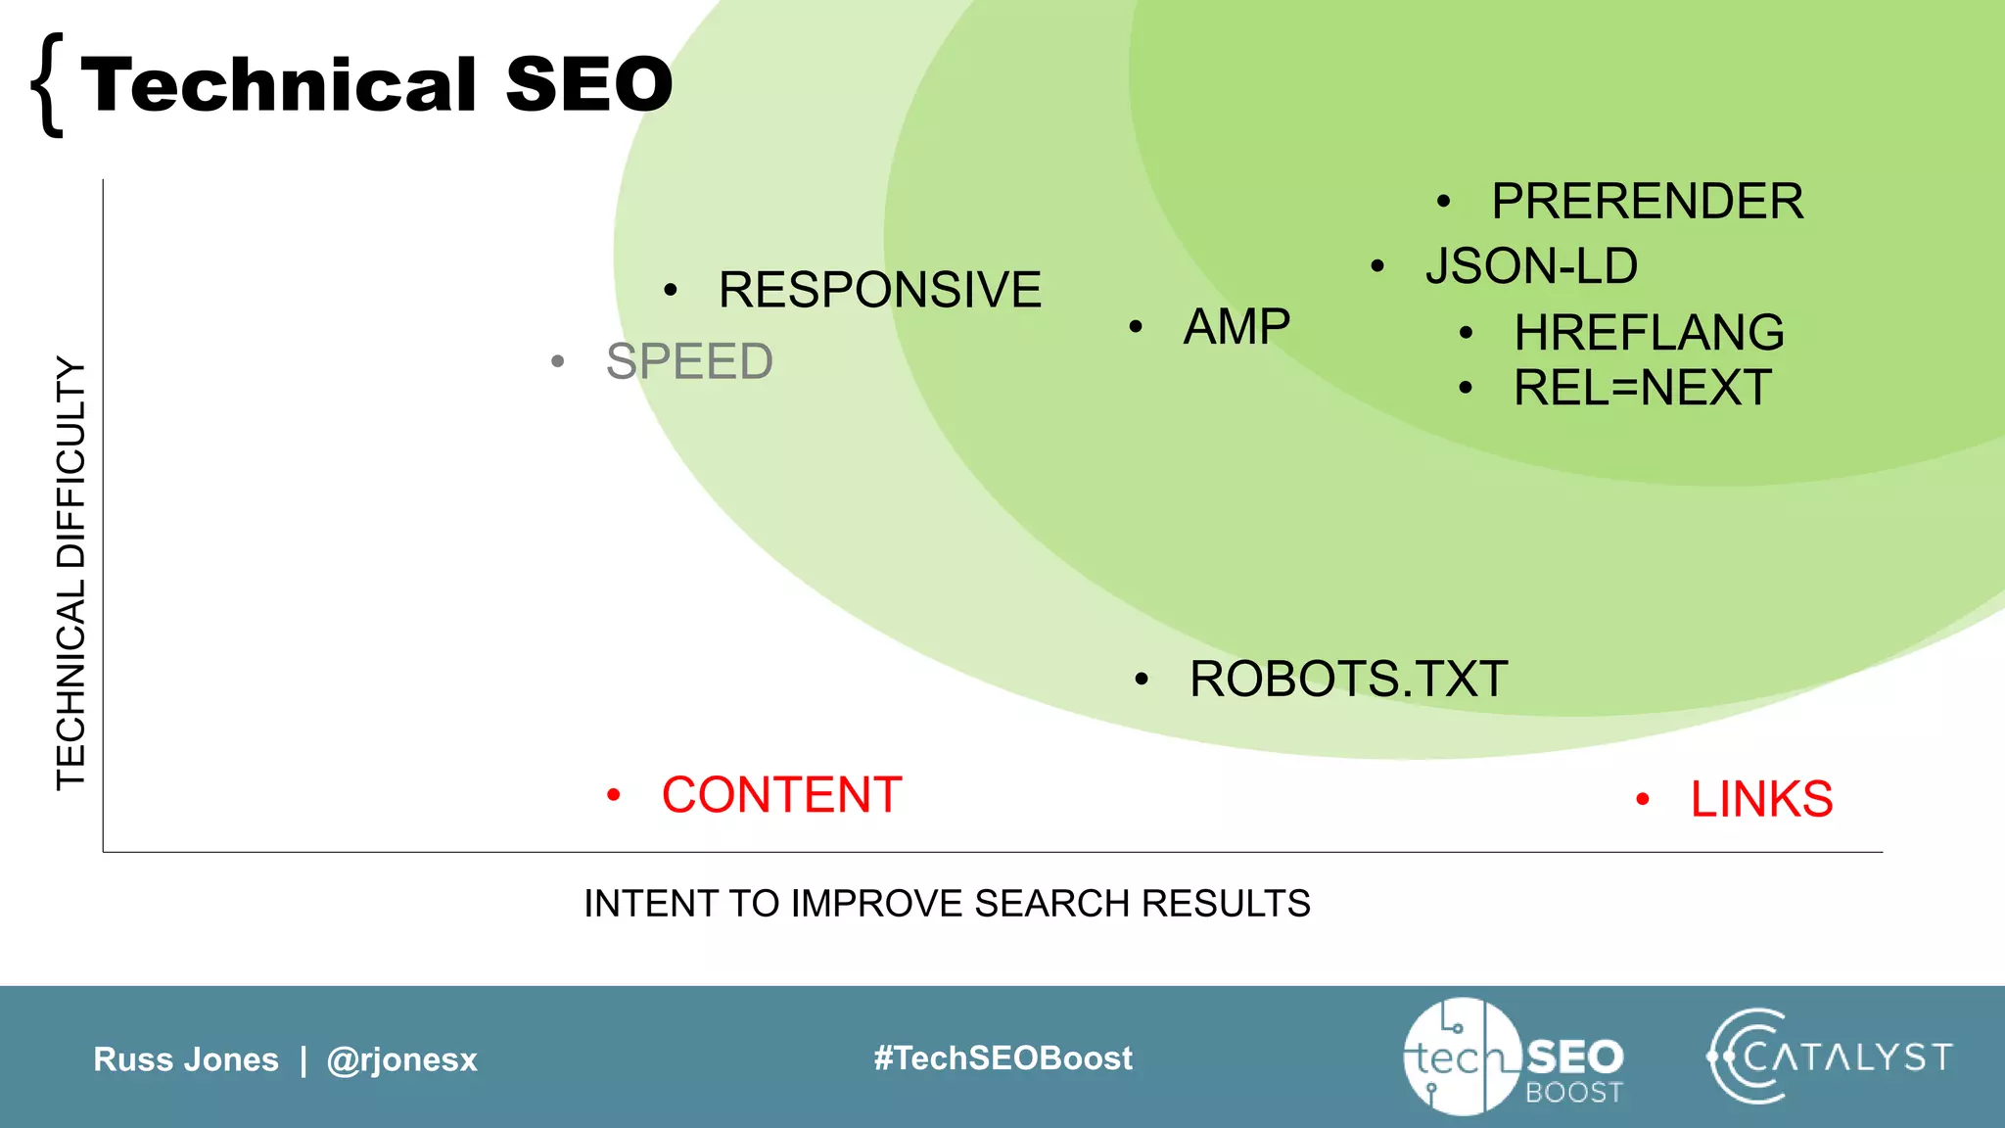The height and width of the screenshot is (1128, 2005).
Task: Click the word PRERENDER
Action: (x=1647, y=202)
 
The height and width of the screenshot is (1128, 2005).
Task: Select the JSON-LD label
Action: (x=1531, y=266)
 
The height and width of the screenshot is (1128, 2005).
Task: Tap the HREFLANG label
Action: (x=1649, y=333)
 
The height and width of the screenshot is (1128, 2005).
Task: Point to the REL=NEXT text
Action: (x=1642, y=388)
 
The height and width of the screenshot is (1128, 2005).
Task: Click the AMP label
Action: (x=1236, y=326)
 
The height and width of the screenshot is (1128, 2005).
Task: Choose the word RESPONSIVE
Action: (x=879, y=290)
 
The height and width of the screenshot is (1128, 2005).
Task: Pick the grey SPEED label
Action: (x=689, y=361)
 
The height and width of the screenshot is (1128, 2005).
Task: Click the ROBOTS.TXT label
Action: (x=1348, y=679)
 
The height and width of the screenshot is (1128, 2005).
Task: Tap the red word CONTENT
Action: (x=781, y=794)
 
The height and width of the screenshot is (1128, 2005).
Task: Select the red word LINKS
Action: (x=1761, y=799)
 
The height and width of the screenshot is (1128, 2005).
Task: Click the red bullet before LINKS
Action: (x=1643, y=800)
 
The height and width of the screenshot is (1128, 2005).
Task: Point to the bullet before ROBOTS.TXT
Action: (x=1141, y=680)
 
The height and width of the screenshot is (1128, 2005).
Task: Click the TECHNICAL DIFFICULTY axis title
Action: (x=71, y=573)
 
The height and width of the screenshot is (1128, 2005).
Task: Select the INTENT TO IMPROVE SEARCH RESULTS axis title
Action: (x=947, y=903)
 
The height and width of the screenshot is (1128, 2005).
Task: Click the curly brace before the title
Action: (x=47, y=85)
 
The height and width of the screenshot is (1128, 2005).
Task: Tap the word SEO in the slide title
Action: (x=589, y=84)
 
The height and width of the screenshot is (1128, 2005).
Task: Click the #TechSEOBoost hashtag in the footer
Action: (x=1002, y=1057)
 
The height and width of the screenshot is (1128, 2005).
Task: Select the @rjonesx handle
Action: (x=401, y=1059)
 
